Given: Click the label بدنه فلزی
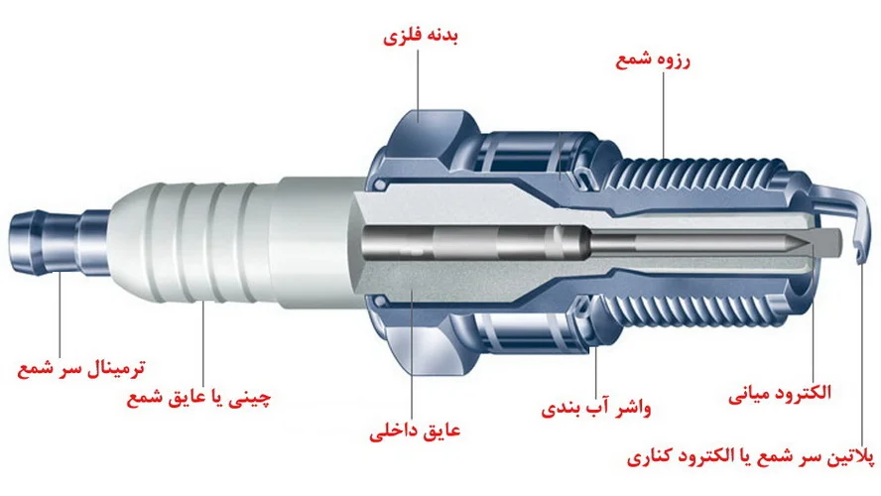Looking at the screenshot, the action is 421,37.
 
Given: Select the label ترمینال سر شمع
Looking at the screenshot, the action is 81,369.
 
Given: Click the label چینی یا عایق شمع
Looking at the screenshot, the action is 198,398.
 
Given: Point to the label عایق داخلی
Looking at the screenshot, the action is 415,431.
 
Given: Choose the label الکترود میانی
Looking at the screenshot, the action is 780,393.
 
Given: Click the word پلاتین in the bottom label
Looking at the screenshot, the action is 852,457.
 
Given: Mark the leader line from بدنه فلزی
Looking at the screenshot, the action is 418,85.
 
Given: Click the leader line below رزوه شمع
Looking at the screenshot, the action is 664,115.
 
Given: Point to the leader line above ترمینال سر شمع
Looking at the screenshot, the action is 60,313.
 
